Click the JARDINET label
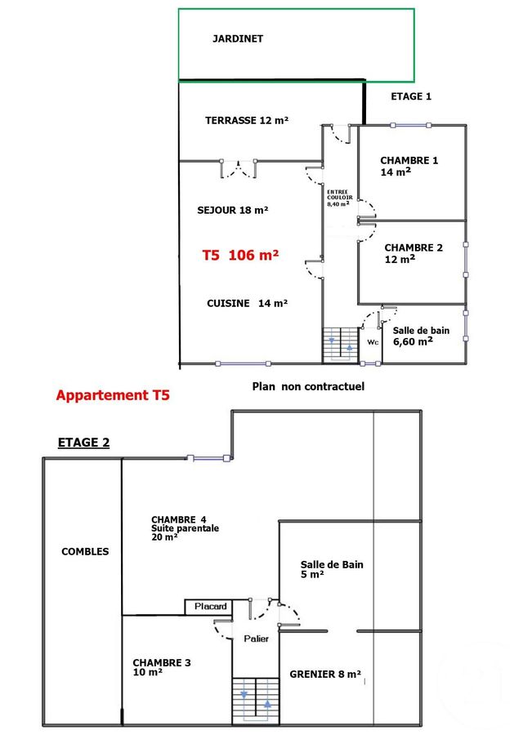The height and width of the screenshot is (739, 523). [x=238, y=38]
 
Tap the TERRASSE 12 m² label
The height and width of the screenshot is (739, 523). [x=247, y=120]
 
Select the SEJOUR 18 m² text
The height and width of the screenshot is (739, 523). [x=233, y=210]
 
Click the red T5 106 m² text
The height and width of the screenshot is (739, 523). [x=240, y=255]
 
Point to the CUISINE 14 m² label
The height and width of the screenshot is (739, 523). [x=247, y=303]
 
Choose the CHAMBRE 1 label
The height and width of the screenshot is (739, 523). [x=409, y=166]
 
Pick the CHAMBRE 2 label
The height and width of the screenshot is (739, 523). [x=413, y=252]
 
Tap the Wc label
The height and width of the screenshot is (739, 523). [x=372, y=342]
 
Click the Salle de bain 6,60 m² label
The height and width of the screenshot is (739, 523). [x=421, y=336]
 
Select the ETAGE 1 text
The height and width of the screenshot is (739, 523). [x=411, y=96]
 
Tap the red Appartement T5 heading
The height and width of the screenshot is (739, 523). [x=113, y=396]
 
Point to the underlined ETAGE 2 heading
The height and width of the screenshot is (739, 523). [x=83, y=443]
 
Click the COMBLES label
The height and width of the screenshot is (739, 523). [x=85, y=551]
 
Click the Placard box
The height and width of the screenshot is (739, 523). [x=210, y=607]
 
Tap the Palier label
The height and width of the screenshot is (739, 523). [x=256, y=639]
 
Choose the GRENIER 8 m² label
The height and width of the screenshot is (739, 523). [x=325, y=674]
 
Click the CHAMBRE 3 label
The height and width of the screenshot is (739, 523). [x=162, y=667]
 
